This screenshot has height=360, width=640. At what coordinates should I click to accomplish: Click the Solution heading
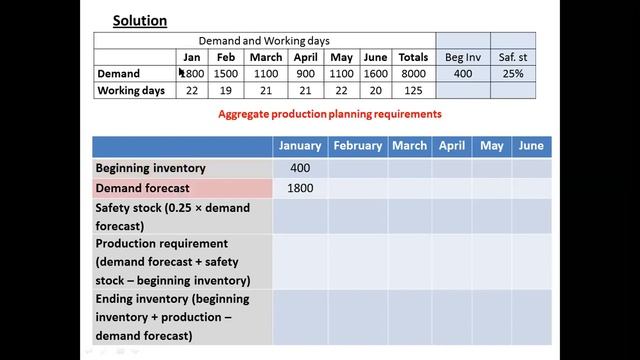139,20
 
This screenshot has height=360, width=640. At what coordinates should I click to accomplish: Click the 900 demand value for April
305,74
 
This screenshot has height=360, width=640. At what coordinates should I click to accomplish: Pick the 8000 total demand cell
412,74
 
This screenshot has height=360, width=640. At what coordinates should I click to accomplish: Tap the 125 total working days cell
412,91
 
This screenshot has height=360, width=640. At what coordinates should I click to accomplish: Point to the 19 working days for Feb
226,91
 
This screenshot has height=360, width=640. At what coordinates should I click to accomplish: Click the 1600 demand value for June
374,74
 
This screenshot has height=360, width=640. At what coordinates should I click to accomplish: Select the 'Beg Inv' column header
463,57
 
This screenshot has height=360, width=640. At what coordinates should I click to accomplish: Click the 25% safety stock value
512,74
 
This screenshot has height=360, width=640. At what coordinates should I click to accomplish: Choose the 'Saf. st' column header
512,57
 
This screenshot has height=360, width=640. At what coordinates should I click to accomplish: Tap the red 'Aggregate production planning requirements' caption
330,114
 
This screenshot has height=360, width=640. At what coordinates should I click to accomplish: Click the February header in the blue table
358,146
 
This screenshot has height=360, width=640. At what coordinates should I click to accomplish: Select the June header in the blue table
531,146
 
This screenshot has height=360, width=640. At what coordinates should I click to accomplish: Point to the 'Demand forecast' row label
142,188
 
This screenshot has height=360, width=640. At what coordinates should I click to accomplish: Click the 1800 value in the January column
300,188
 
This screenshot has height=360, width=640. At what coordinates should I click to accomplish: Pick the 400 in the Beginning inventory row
300,168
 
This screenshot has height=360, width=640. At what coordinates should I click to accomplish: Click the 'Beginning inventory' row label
150,168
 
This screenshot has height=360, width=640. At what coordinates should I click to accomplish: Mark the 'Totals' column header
412,57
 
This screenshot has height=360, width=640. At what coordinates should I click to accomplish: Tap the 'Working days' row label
131,91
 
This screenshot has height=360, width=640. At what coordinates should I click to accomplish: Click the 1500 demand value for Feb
226,74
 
